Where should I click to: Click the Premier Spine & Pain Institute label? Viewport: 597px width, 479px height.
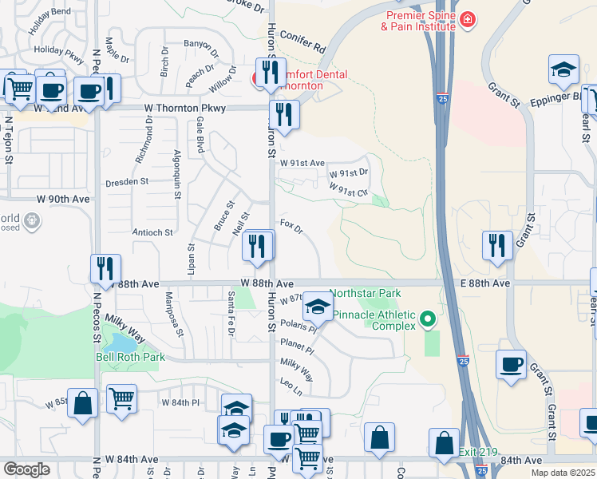point(420,21)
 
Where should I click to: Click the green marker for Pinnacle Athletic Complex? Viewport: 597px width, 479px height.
point(428,320)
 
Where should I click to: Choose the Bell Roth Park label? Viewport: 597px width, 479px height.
point(130,357)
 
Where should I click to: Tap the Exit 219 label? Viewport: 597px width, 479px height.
point(478,452)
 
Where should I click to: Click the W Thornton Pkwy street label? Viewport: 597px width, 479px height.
point(185,108)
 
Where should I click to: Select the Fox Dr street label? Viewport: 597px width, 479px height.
point(291,228)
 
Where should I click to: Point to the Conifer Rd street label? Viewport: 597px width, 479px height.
point(307,47)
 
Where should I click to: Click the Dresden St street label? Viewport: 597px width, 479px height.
point(128,182)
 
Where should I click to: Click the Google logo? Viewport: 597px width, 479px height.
point(26,469)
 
